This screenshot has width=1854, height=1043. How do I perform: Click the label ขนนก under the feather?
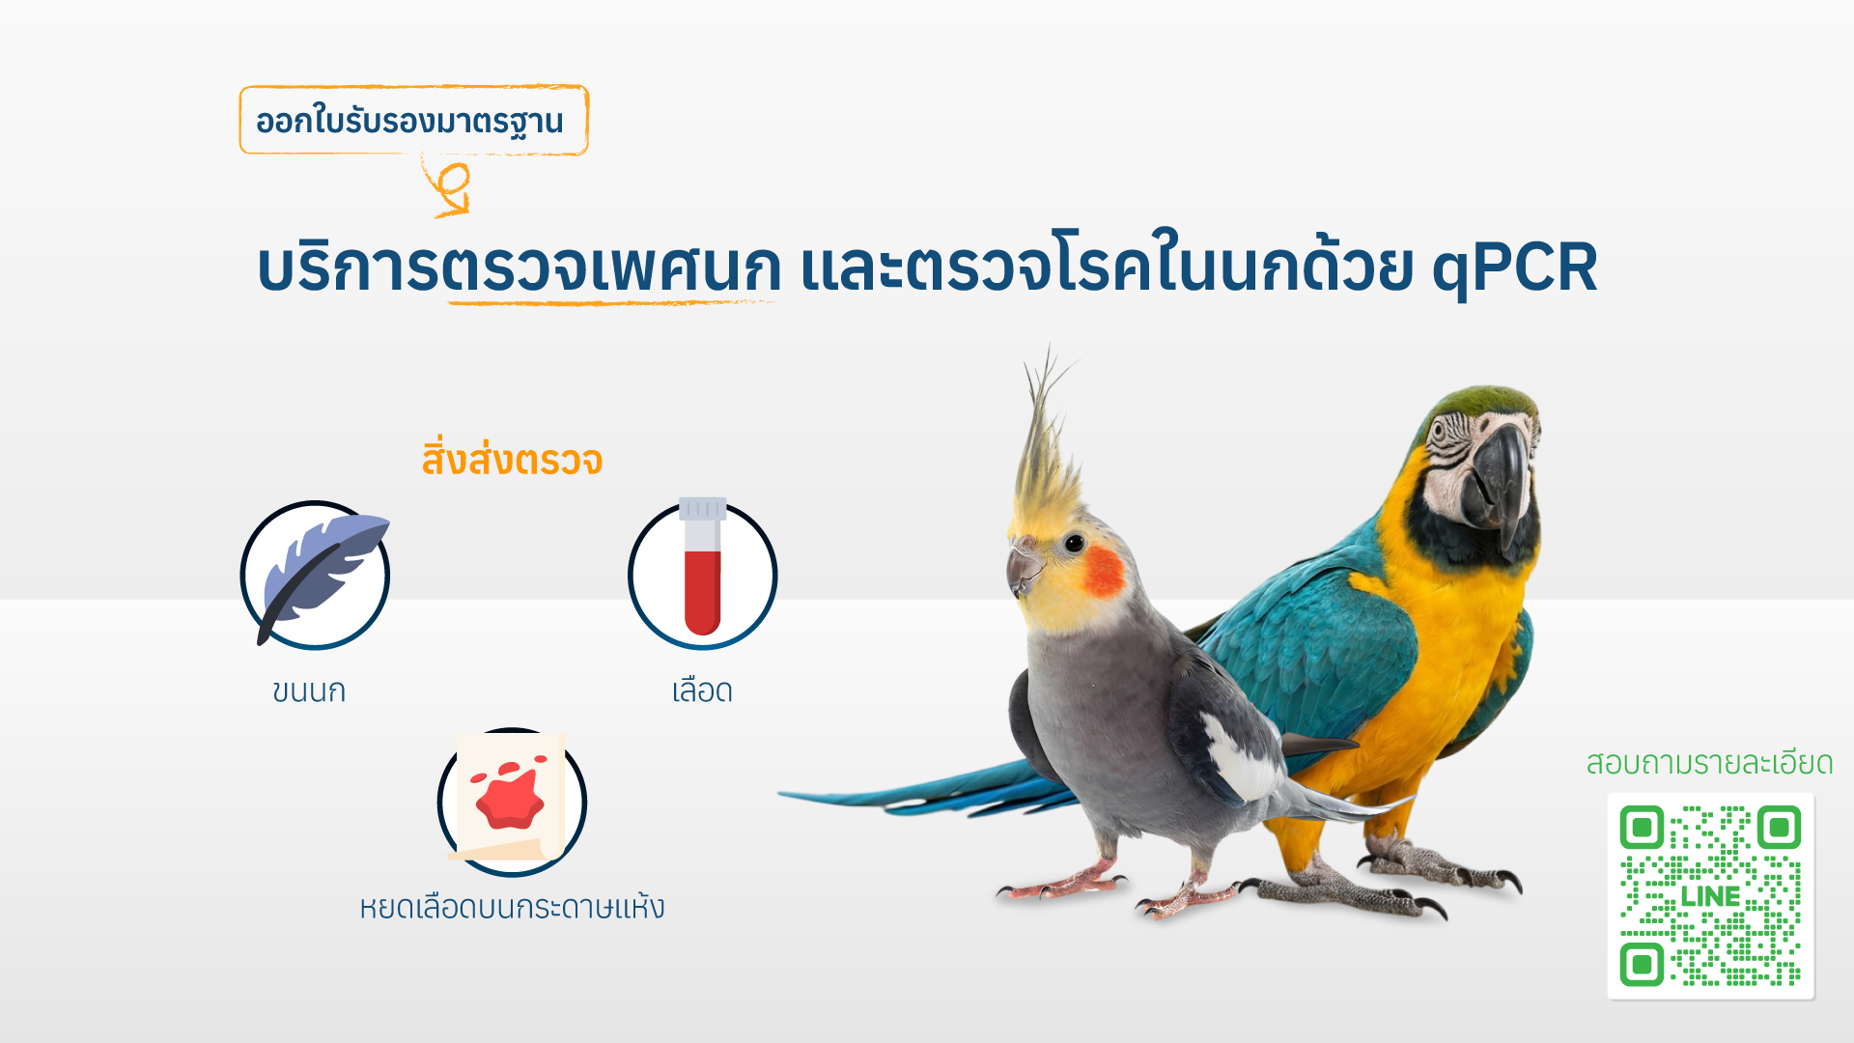pyautogui.click(x=309, y=691)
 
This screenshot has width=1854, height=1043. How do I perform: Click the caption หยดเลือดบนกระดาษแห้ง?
pyautogui.click(x=512, y=907)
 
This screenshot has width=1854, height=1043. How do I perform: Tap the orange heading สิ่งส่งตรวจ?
pyautogui.click(x=512, y=460)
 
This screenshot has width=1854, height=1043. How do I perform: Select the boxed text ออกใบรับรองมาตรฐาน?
pyautogui.click(x=409, y=122)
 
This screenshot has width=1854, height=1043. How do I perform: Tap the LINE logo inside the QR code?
pyautogui.click(x=1710, y=897)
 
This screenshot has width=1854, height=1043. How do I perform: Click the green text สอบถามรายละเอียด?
pyautogui.click(x=1709, y=763)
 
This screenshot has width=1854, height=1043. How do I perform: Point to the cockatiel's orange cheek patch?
pyautogui.click(x=1104, y=571)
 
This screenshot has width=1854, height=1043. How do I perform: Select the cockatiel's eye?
pyautogui.click(x=1075, y=544)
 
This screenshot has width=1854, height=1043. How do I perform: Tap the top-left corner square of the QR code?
pyautogui.click(x=1642, y=828)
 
